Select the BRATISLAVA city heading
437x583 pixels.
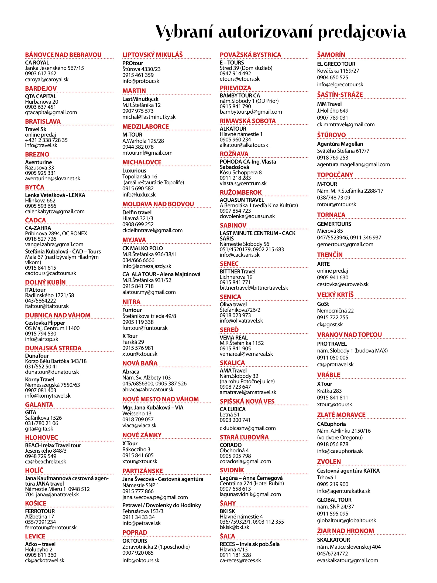tap(43, 121)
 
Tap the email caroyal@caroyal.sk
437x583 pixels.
tap(47, 79)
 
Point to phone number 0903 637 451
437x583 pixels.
tap(40, 107)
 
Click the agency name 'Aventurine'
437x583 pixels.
tap(38, 162)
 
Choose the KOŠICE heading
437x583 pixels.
tap(36, 503)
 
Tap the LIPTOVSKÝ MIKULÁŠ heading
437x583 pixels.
tap(152, 55)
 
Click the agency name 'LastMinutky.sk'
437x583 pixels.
tap(140, 99)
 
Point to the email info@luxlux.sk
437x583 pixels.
tap(139, 195)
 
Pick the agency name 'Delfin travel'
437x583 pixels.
tap(137, 212)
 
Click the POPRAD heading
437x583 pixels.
tap(135, 533)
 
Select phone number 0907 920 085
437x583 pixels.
tap(138, 553)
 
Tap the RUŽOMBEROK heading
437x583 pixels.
tap(240, 192)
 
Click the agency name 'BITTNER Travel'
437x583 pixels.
tap(237, 272)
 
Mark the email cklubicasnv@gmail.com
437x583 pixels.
tap(247, 428)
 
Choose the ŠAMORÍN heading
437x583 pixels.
tap(331, 55)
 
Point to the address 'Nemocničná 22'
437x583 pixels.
tap(335, 311)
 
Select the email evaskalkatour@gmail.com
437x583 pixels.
tap(347, 560)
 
